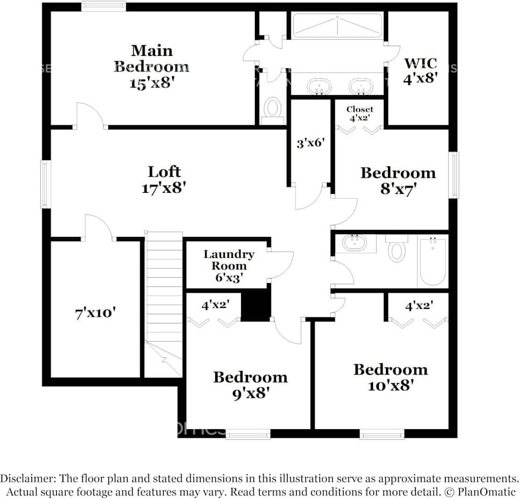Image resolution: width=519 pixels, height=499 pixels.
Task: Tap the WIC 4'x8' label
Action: [420, 69]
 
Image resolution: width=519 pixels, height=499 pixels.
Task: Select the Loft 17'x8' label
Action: [164, 179]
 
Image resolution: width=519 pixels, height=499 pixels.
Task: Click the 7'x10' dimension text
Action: [96, 313]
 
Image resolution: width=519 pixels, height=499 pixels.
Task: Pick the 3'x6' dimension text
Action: [311, 143]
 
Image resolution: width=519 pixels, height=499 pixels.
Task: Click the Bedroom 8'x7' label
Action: [398, 180]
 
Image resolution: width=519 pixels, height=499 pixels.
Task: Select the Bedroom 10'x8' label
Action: [390, 377]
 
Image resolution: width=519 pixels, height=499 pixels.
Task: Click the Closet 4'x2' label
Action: [360, 113]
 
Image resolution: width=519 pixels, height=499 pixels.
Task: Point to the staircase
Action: [164, 290]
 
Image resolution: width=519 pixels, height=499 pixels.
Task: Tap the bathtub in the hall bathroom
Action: [433, 262]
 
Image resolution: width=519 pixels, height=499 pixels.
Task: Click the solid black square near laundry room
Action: [255, 306]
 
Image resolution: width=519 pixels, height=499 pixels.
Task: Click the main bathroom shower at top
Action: [337, 25]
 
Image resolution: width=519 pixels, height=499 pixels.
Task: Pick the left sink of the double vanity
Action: [319, 86]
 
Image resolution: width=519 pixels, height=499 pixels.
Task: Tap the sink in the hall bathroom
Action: [355, 243]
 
